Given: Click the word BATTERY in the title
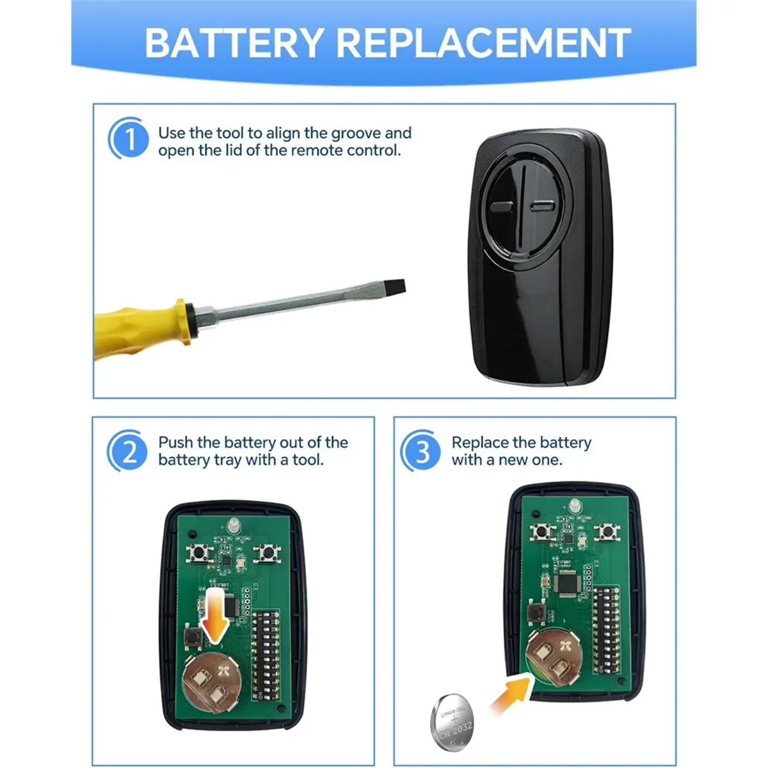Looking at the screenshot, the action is [234, 43].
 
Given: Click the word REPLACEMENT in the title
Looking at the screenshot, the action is [484, 43].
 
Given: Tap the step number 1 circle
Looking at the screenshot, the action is [129, 138].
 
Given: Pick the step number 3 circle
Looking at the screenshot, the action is [421, 451].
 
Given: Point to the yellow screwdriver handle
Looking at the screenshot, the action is [141, 329].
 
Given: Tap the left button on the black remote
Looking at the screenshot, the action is [501, 207].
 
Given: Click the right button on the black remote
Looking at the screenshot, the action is [542, 206].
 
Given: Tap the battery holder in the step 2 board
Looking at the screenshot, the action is [212, 683].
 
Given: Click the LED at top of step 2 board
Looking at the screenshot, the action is [233, 525].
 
